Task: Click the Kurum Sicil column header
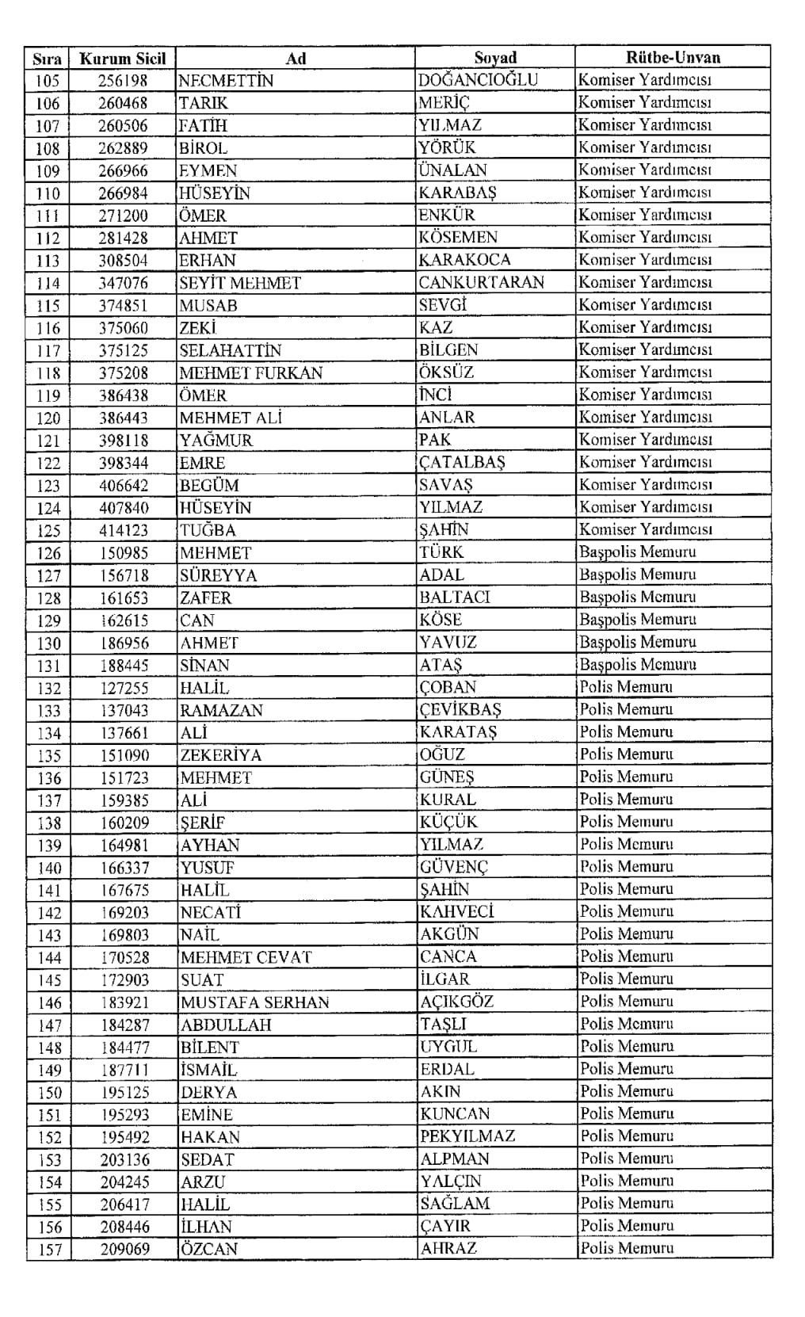(x=123, y=58)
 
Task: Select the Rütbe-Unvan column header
(x=673, y=57)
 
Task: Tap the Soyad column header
(x=495, y=57)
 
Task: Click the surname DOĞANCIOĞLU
(x=478, y=79)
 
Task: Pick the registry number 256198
(x=123, y=80)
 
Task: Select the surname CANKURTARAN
(x=481, y=282)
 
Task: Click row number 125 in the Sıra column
(x=48, y=530)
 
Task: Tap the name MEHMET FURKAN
(x=250, y=372)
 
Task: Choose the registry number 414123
(x=124, y=530)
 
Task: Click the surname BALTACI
(x=455, y=597)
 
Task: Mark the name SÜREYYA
(x=218, y=575)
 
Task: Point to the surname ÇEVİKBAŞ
(x=460, y=709)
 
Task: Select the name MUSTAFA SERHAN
(x=254, y=1002)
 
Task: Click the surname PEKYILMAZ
(x=467, y=1136)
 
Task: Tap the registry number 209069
(x=124, y=1249)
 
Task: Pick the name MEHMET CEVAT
(x=246, y=957)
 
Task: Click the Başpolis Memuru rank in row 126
(x=637, y=552)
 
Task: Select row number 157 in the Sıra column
(x=49, y=1249)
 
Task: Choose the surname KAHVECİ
(x=456, y=912)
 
